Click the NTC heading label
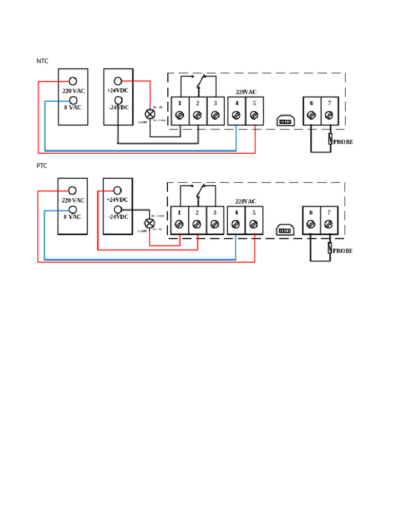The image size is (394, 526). pyautogui.click(x=42, y=61)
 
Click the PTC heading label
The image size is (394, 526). pyautogui.click(x=42, y=166)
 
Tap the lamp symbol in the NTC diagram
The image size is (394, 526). pyautogui.click(x=150, y=115)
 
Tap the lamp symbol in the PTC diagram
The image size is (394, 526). pyautogui.click(x=149, y=223)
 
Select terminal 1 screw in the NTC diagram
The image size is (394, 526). pyautogui.click(x=180, y=116)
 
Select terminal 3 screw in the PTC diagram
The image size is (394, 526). pyautogui.click(x=214, y=224)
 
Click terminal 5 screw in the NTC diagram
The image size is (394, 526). pyautogui.click(x=254, y=116)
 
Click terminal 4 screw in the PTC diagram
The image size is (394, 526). pyautogui.click(x=236, y=224)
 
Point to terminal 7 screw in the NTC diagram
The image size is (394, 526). pyautogui.click(x=329, y=116)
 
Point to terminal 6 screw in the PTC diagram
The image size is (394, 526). pyautogui.click(x=311, y=224)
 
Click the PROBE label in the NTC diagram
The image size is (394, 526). pyautogui.click(x=343, y=142)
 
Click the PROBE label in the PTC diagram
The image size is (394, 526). pyautogui.click(x=343, y=251)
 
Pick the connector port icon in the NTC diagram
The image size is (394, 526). pyautogui.click(x=284, y=121)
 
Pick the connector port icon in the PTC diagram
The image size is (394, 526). pyautogui.click(x=284, y=230)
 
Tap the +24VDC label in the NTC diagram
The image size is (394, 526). pyautogui.click(x=118, y=90)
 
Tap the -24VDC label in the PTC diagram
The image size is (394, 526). pyautogui.click(x=117, y=217)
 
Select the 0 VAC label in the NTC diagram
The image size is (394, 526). pyautogui.click(x=73, y=107)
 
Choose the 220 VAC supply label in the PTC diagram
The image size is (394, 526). pyautogui.click(x=73, y=200)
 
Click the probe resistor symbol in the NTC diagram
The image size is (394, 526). pyautogui.click(x=329, y=139)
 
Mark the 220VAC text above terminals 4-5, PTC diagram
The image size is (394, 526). pyautogui.click(x=246, y=201)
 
